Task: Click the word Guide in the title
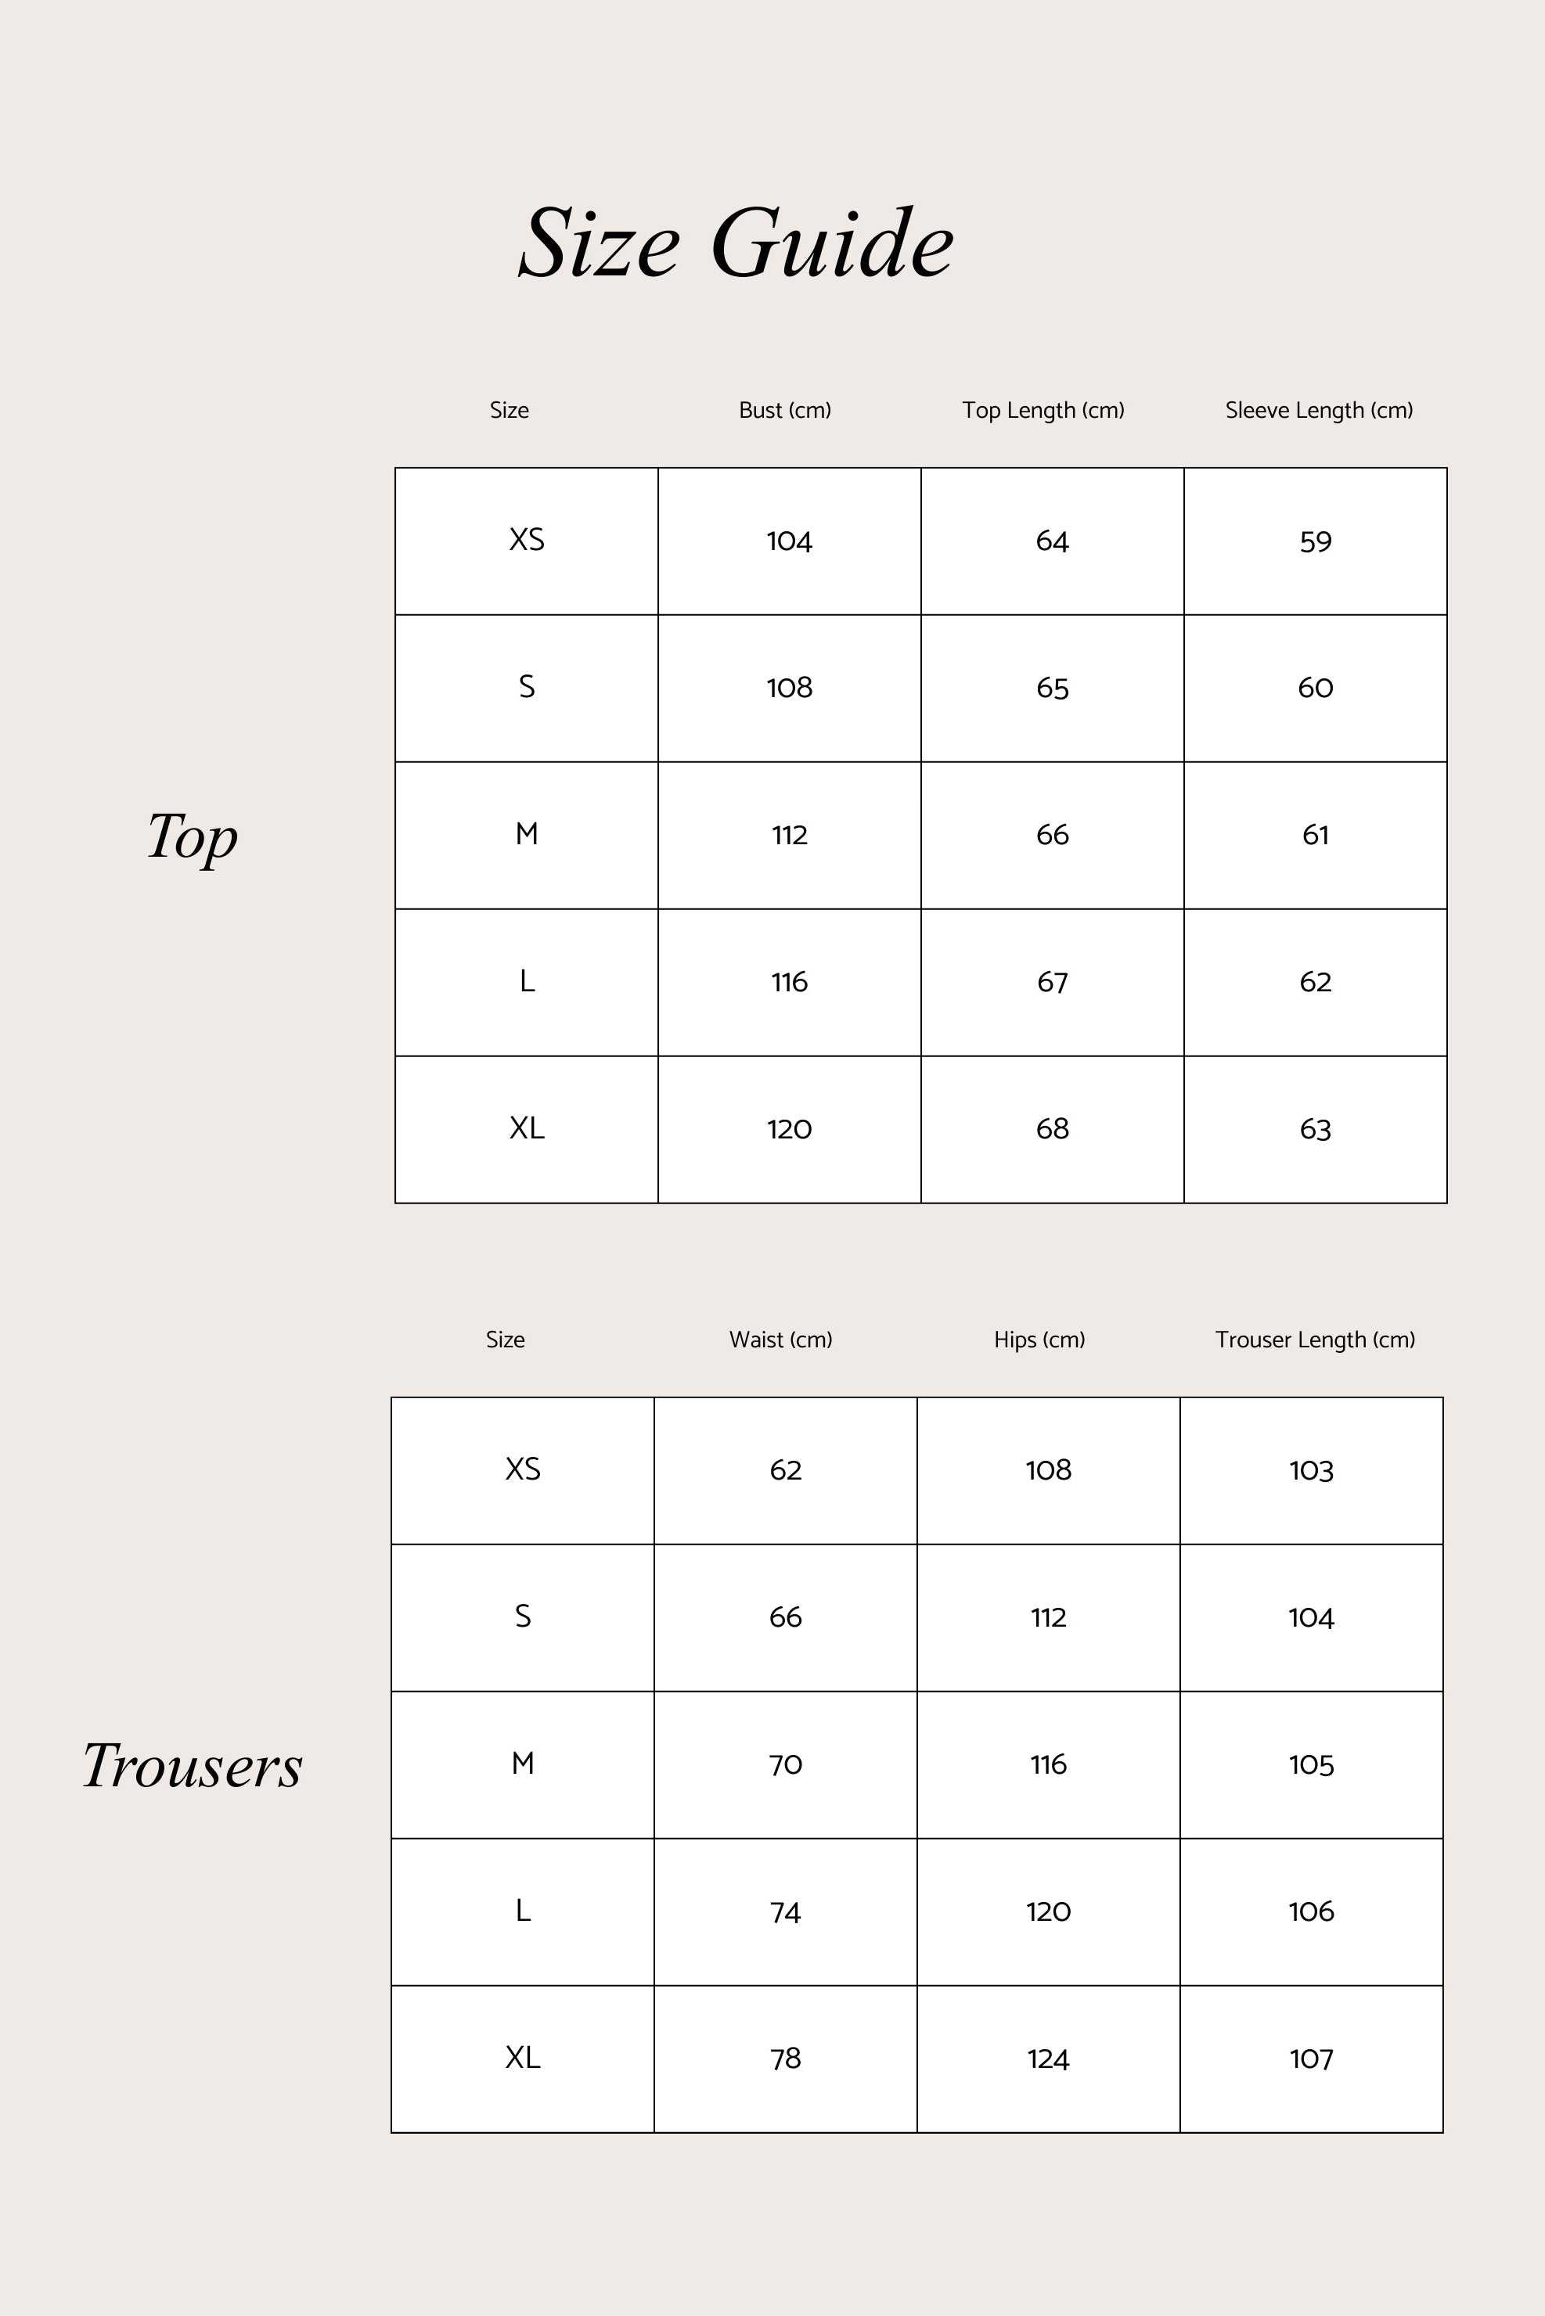tap(832, 243)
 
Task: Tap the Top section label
tap(192, 836)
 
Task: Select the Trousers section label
tap(192, 1764)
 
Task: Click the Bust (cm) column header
tap(784, 410)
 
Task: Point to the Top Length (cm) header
tap(1043, 410)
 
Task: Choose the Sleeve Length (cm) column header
tap(1318, 410)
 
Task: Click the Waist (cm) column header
tap(780, 1340)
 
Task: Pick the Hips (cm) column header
tap(1039, 1340)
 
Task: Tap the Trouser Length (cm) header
tap(1314, 1340)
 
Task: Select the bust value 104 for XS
tap(789, 541)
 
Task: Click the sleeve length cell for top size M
tap(1316, 836)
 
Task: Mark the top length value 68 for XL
tap(1053, 1129)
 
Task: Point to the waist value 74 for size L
tap(785, 1912)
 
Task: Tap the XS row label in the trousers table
tap(522, 1469)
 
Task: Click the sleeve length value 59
tap(1316, 541)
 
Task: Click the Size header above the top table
tap(509, 410)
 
